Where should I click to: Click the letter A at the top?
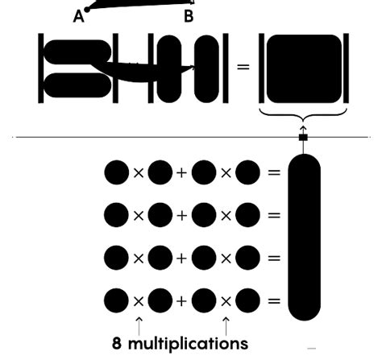tap(79, 15)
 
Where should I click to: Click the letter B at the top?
tap(189, 15)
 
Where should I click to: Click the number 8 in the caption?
tap(118, 342)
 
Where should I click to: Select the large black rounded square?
tap(303, 67)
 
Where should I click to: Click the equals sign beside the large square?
tap(243, 67)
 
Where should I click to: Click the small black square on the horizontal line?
tap(303, 138)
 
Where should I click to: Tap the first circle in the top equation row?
tap(116, 172)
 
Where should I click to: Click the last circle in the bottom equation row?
tap(247, 301)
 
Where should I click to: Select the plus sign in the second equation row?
tap(181, 216)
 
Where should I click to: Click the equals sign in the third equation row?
tap(274, 259)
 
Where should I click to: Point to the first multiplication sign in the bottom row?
tap(139, 301)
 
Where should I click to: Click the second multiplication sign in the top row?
tap(226, 172)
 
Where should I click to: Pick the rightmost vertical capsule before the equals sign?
tap(206, 68)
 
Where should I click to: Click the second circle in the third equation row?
tap(160, 259)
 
